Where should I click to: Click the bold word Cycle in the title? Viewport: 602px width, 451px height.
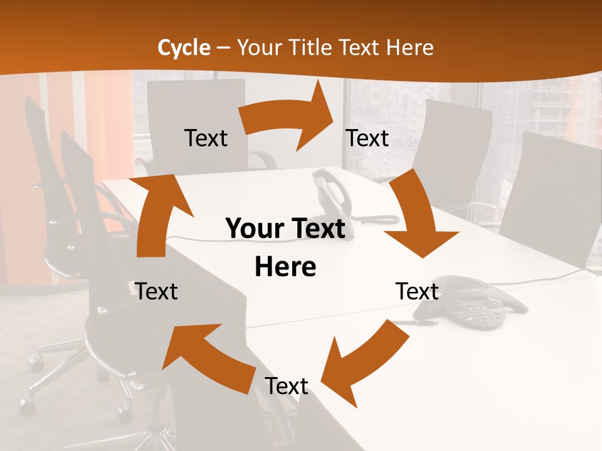pyautogui.click(x=184, y=48)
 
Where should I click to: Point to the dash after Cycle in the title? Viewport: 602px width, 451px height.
pyautogui.click(x=223, y=48)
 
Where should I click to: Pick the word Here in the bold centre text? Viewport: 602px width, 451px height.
pyautogui.click(x=285, y=267)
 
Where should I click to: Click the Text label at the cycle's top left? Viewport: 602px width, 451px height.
pyautogui.click(x=206, y=138)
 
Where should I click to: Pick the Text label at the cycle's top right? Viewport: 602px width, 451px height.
pyautogui.click(x=367, y=138)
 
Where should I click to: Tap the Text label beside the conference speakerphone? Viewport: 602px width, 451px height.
pyautogui.click(x=417, y=292)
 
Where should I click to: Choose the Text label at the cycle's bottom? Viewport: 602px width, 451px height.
pyautogui.click(x=287, y=386)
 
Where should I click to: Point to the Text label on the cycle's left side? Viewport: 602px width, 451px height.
pyautogui.click(x=157, y=292)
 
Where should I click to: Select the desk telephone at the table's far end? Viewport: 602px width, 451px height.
pyautogui.click(x=331, y=194)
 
